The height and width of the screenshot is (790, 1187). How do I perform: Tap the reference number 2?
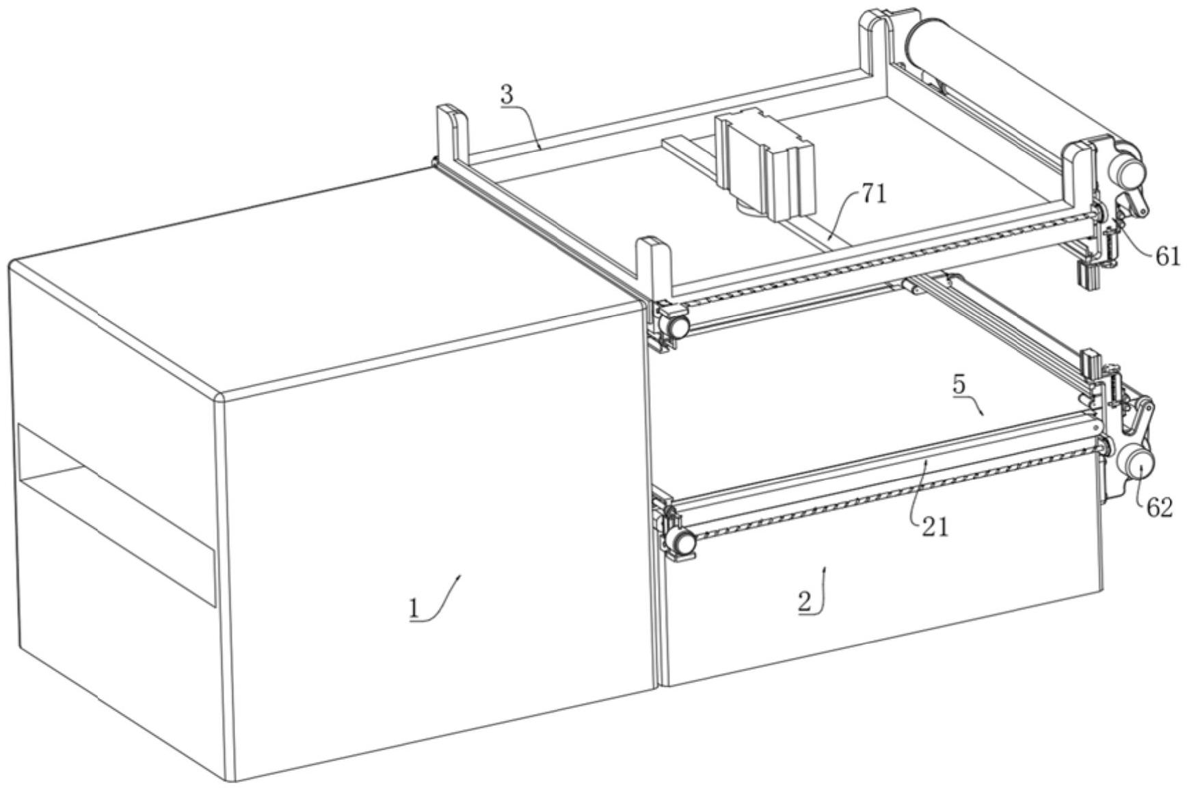805,603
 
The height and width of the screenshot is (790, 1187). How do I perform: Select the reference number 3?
506,95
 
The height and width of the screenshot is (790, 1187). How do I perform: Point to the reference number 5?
959,384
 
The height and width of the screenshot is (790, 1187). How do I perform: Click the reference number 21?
935,527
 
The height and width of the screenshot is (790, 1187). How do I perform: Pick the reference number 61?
1168,256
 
